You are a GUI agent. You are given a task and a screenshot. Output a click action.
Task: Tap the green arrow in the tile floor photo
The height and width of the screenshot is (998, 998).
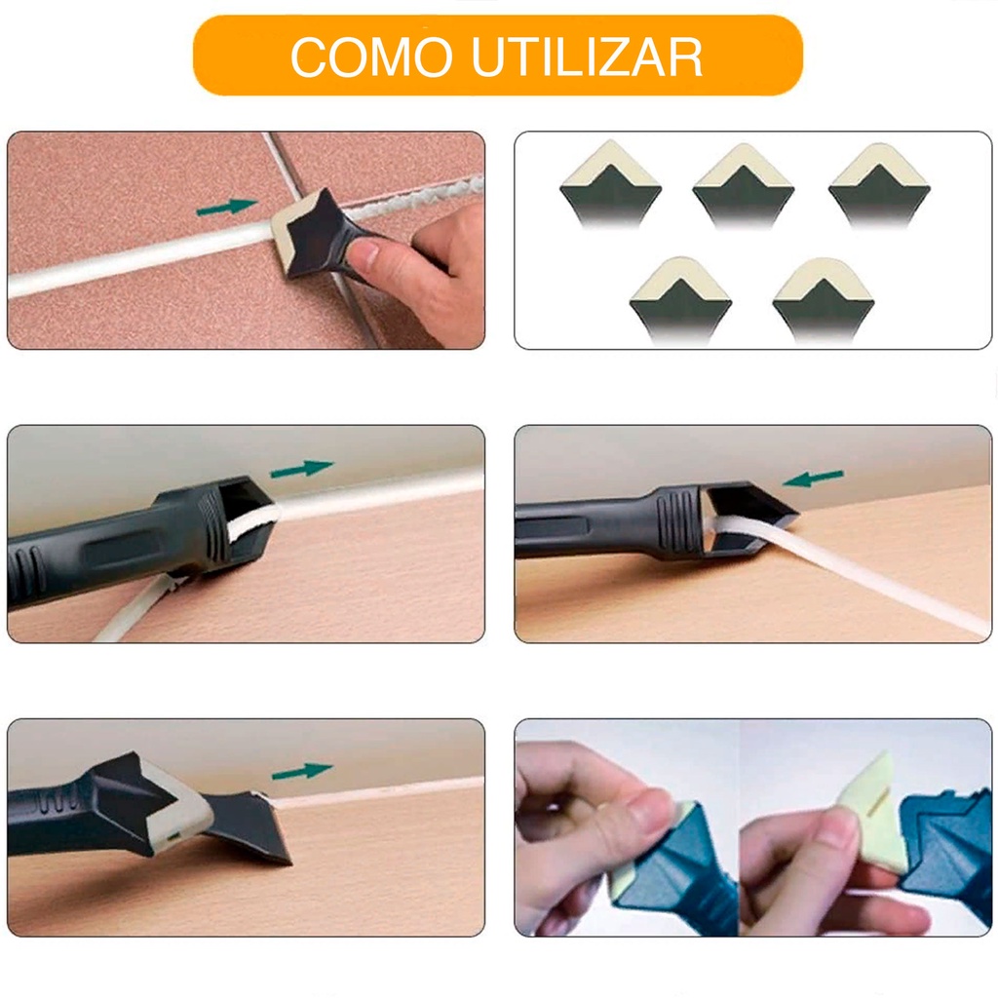227,207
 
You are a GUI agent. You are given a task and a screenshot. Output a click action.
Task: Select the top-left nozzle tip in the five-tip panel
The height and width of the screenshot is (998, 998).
611,182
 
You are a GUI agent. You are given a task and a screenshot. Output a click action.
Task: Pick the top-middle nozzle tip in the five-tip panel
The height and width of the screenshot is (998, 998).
744,183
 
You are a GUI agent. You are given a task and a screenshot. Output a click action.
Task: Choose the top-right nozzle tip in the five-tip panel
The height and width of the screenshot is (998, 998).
880,183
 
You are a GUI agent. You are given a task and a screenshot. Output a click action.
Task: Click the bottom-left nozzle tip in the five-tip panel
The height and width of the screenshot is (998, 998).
680,299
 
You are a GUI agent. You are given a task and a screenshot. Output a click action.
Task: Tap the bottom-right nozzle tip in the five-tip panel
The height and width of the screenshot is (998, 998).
824,299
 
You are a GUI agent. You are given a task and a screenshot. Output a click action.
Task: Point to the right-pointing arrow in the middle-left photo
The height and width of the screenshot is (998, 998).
302,469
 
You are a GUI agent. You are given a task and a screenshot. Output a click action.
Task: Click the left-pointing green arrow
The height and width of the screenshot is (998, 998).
814,479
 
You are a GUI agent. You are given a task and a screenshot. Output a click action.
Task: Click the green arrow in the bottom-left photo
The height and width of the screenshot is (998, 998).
302,772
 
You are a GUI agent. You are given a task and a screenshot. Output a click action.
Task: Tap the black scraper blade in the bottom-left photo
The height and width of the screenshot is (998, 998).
249,827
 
